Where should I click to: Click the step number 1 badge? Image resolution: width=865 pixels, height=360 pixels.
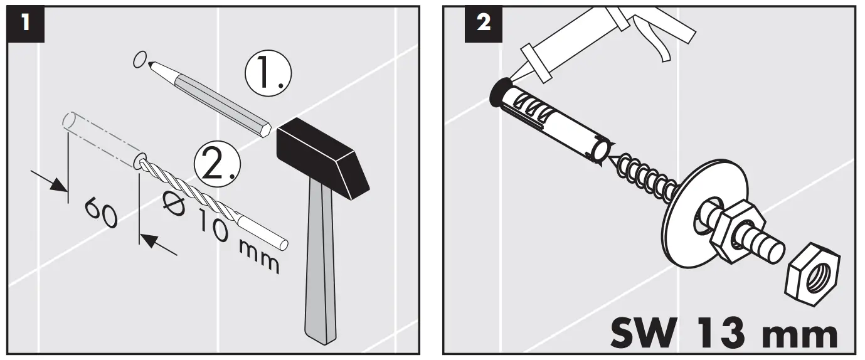(24, 24)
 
